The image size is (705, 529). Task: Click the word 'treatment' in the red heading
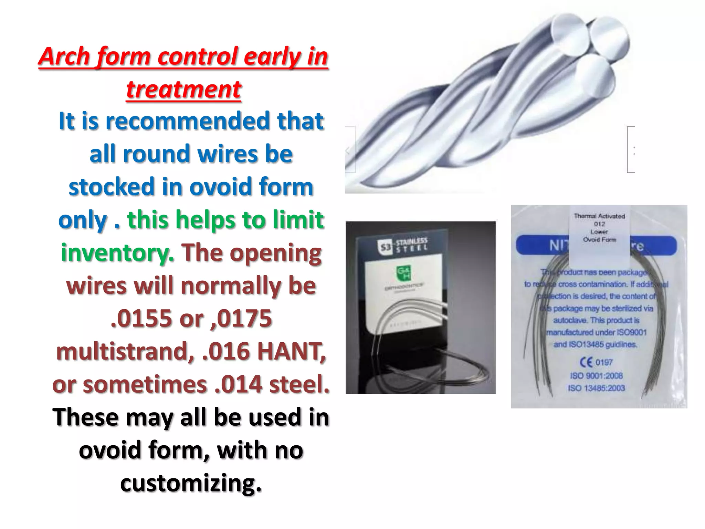[x=183, y=89]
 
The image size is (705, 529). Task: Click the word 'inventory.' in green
[x=117, y=253]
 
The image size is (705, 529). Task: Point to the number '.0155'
[x=141, y=318]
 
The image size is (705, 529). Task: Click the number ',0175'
[x=240, y=318]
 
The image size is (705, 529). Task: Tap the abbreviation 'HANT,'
[x=291, y=351]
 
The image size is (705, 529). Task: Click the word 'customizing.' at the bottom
[x=191, y=483]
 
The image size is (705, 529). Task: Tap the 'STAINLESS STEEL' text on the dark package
[x=411, y=244]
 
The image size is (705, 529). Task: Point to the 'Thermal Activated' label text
[x=599, y=216]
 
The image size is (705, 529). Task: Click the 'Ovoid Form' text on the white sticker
[x=599, y=240]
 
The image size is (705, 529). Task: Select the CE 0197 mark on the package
[x=596, y=362]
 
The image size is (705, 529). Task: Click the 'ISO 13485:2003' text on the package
[x=596, y=388]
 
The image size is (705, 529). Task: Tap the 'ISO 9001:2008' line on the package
[x=596, y=375]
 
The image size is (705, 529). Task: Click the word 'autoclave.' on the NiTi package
[x=570, y=320]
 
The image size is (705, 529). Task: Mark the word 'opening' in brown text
[x=275, y=253]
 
